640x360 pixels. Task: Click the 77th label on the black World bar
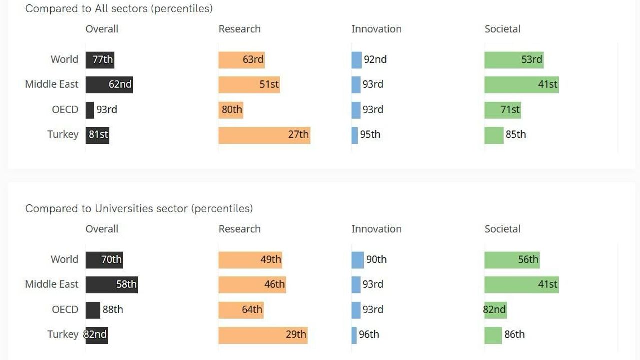coord(103,60)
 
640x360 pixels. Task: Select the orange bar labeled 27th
coord(264,135)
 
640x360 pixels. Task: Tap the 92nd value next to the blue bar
coord(375,60)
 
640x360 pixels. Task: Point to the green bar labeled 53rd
coord(513,60)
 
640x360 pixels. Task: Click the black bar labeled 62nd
coord(109,85)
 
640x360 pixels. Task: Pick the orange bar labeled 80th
coord(230,110)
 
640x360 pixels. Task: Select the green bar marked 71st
coord(502,110)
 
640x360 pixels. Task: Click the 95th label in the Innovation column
coord(370,135)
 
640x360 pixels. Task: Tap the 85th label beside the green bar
coord(516,135)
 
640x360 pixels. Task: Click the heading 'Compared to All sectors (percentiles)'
coord(119,9)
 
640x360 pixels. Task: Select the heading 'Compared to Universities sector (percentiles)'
coord(139,209)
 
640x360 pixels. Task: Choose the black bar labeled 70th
coord(104,260)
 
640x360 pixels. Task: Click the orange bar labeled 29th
coord(262,335)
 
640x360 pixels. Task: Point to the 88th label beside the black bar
coord(113,310)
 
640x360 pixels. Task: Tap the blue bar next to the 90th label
coord(357,260)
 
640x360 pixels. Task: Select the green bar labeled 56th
coord(512,260)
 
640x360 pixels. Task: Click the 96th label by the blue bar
coord(369,335)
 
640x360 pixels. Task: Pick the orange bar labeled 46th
coord(252,285)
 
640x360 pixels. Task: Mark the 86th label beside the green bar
coord(515,335)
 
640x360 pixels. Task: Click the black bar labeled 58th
coord(111,285)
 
